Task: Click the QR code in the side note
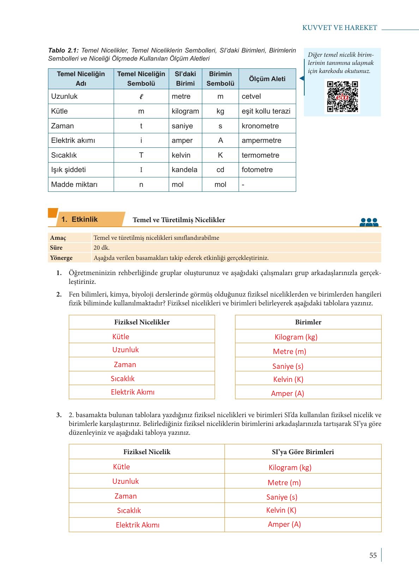[x=342, y=96]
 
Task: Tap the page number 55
[x=373, y=555]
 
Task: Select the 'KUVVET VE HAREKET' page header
[x=340, y=28]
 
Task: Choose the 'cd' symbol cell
[x=220, y=170]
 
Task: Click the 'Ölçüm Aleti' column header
[x=267, y=79]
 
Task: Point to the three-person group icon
[x=369, y=222]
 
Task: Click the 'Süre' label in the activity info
[x=56, y=248]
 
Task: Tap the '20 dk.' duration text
[x=102, y=248]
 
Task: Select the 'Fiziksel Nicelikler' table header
[x=142, y=322]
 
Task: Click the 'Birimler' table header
[x=308, y=322]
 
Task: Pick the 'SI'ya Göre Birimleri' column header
[x=303, y=452]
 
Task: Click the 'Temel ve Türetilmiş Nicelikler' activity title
[x=179, y=220]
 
